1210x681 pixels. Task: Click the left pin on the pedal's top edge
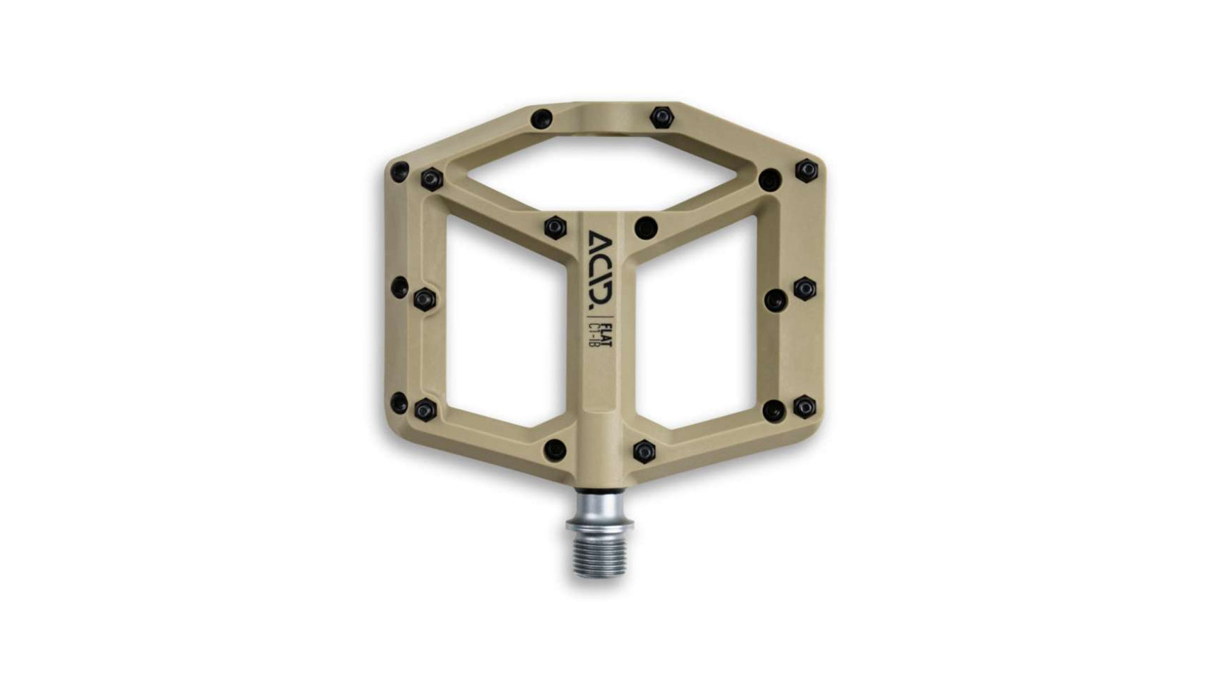541,119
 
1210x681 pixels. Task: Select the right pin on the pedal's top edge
662,116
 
